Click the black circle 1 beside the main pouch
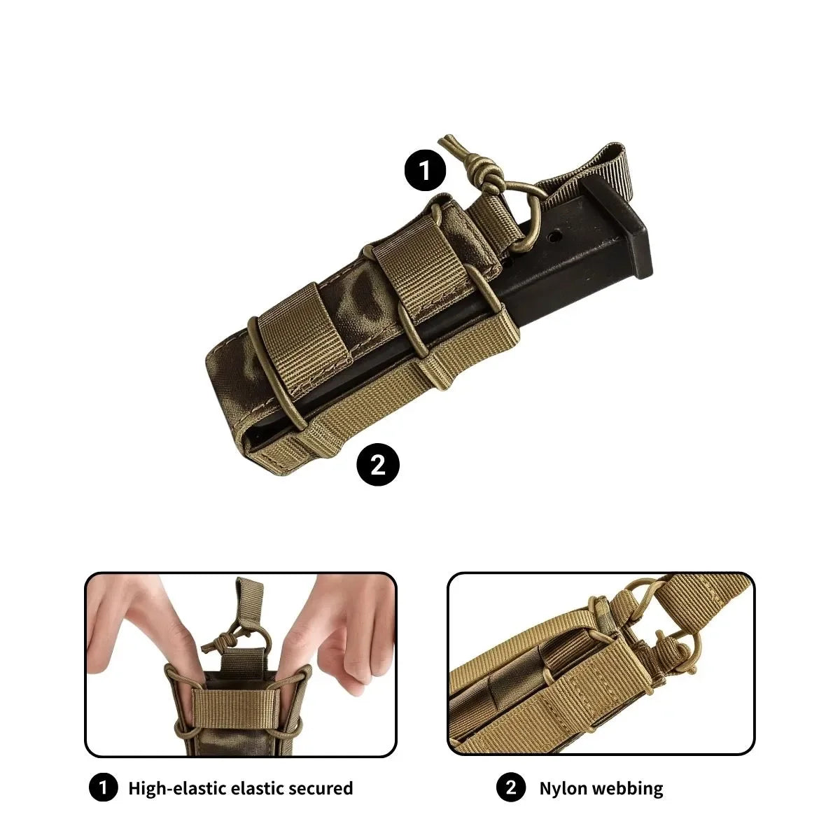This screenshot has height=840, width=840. click(x=425, y=170)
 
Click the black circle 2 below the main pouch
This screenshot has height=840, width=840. click(x=378, y=464)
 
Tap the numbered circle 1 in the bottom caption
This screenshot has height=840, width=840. click(x=104, y=788)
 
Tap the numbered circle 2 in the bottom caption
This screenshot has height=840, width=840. click(x=510, y=788)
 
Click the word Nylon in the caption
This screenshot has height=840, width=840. click(x=563, y=788)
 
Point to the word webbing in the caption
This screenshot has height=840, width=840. click(x=628, y=788)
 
